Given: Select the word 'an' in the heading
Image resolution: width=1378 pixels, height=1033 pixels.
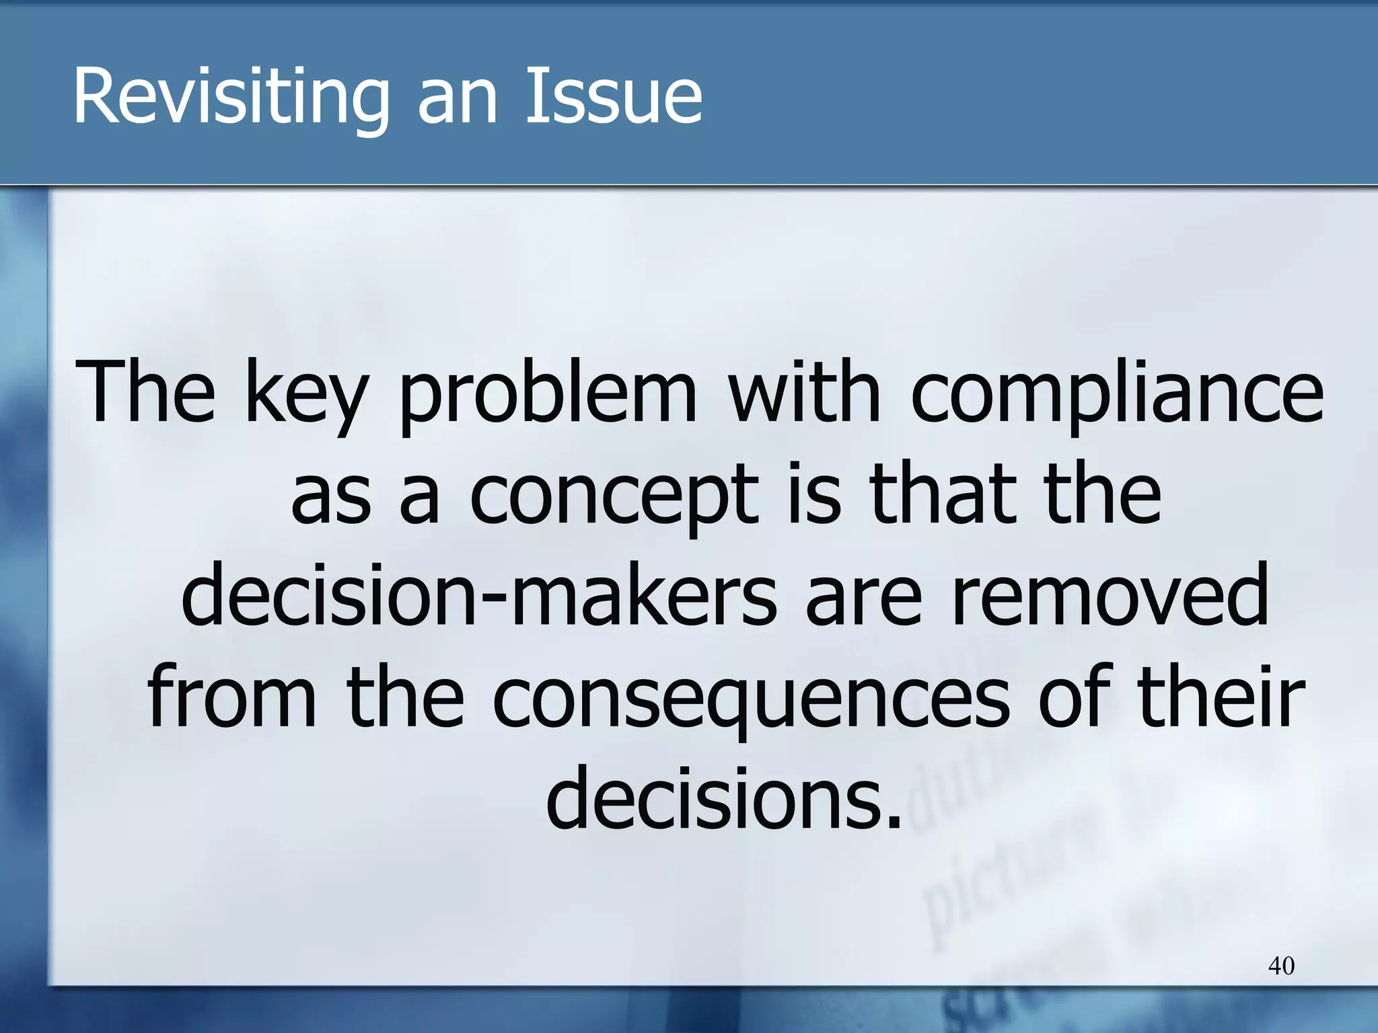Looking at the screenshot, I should [x=458, y=101].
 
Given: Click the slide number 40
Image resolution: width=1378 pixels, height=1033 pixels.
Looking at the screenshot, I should [x=1280, y=966].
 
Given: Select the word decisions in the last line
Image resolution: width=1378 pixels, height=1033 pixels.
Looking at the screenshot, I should [x=723, y=800].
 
